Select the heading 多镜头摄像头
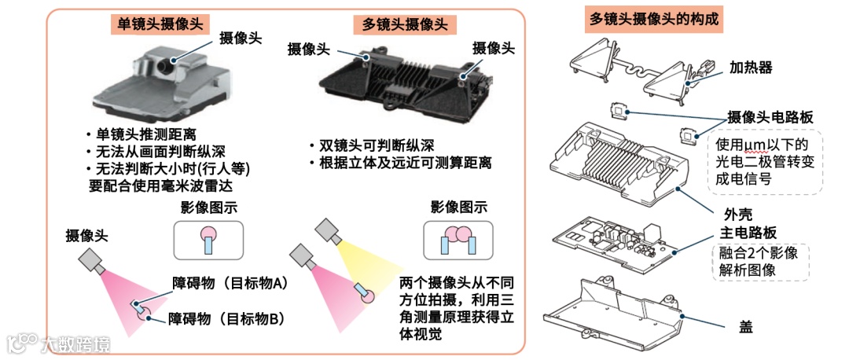405,25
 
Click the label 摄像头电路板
770,117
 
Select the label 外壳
738,212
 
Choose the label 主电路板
750,233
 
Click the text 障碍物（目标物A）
230,283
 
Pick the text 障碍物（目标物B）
226,318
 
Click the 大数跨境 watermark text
75,343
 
